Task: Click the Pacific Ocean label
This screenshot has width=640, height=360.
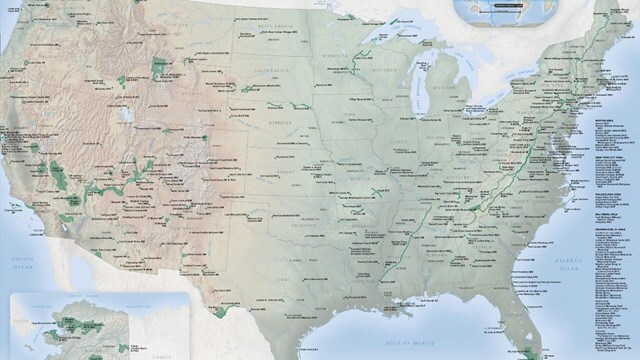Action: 22,261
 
